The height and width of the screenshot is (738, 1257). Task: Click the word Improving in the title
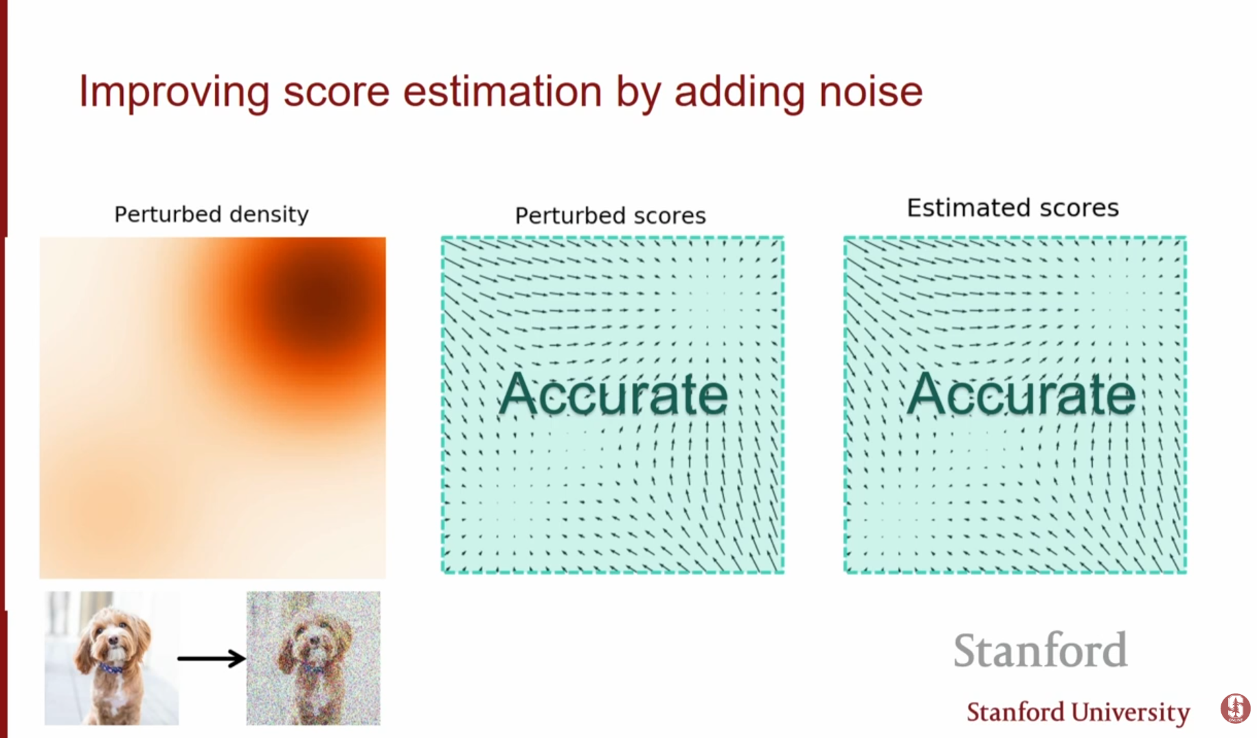tap(174, 93)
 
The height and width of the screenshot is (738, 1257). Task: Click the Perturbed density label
tap(212, 215)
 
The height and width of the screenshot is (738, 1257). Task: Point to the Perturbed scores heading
tap(611, 216)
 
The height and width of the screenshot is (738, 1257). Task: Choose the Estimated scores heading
tap(1012, 207)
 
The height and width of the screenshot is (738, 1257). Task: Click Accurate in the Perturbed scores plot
tap(613, 394)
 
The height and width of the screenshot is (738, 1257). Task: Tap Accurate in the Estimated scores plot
tap(1021, 394)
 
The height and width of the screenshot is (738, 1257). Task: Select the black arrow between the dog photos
tap(212, 658)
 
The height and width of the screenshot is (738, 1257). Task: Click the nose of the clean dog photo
tap(113, 641)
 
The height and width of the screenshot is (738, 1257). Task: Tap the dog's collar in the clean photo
tap(111, 667)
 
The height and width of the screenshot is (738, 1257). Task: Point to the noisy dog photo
tap(313, 658)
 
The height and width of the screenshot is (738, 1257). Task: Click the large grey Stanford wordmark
tap(1040, 650)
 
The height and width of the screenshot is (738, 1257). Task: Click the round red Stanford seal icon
tap(1235, 708)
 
